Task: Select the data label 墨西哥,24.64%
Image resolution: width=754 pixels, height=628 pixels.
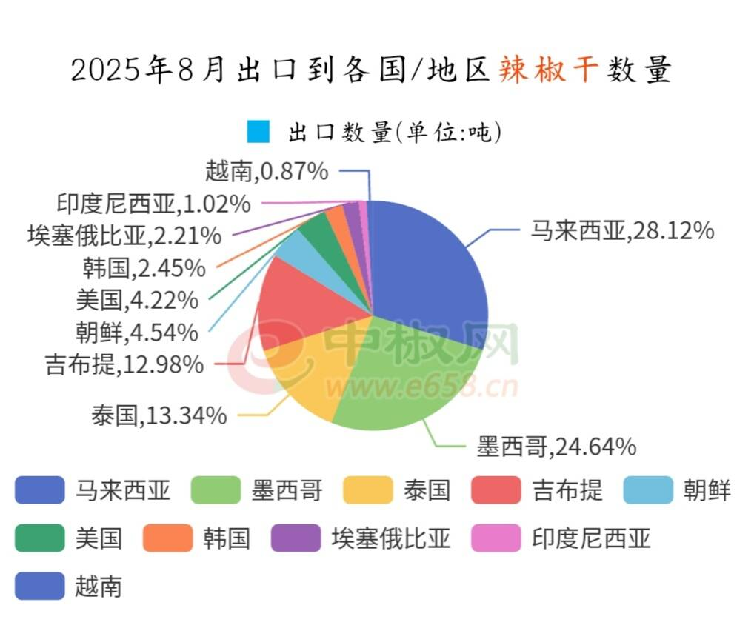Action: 556,447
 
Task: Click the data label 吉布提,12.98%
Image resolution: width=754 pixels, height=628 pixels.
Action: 124,364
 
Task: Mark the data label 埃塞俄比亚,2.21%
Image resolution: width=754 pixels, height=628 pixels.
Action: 124,236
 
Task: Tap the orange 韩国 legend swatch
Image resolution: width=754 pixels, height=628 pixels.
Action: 167,538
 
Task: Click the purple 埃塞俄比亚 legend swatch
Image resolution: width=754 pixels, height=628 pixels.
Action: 296,538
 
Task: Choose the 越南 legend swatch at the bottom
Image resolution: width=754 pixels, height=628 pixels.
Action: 39,586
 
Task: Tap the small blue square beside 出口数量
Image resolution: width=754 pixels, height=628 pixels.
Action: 259,133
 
